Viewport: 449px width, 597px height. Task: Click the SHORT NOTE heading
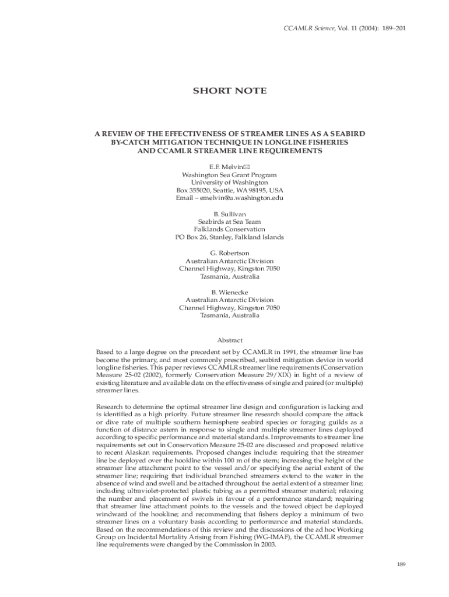tap(230, 91)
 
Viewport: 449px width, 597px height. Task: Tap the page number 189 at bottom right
tap(401, 564)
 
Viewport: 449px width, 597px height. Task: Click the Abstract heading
tap(230, 340)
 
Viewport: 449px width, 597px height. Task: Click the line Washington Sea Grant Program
tap(230, 175)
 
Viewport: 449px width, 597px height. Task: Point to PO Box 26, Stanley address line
tap(230, 237)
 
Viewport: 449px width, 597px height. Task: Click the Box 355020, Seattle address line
tap(230, 190)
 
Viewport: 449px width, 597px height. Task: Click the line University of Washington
tap(230, 182)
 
